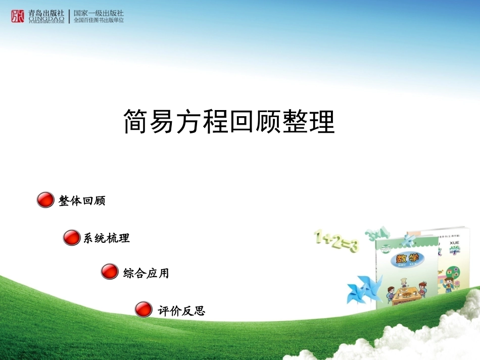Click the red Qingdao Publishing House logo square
(18, 16)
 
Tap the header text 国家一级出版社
(99, 13)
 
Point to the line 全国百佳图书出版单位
(99, 20)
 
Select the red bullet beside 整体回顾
(45, 200)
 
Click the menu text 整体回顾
(82, 201)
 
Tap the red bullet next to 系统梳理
(71, 237)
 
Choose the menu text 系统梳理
(107, 238)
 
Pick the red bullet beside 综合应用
(109, 271)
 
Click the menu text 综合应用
(146, 273)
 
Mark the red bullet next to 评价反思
(143, 309)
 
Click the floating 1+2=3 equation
(336, 241)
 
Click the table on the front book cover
(404, 293)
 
